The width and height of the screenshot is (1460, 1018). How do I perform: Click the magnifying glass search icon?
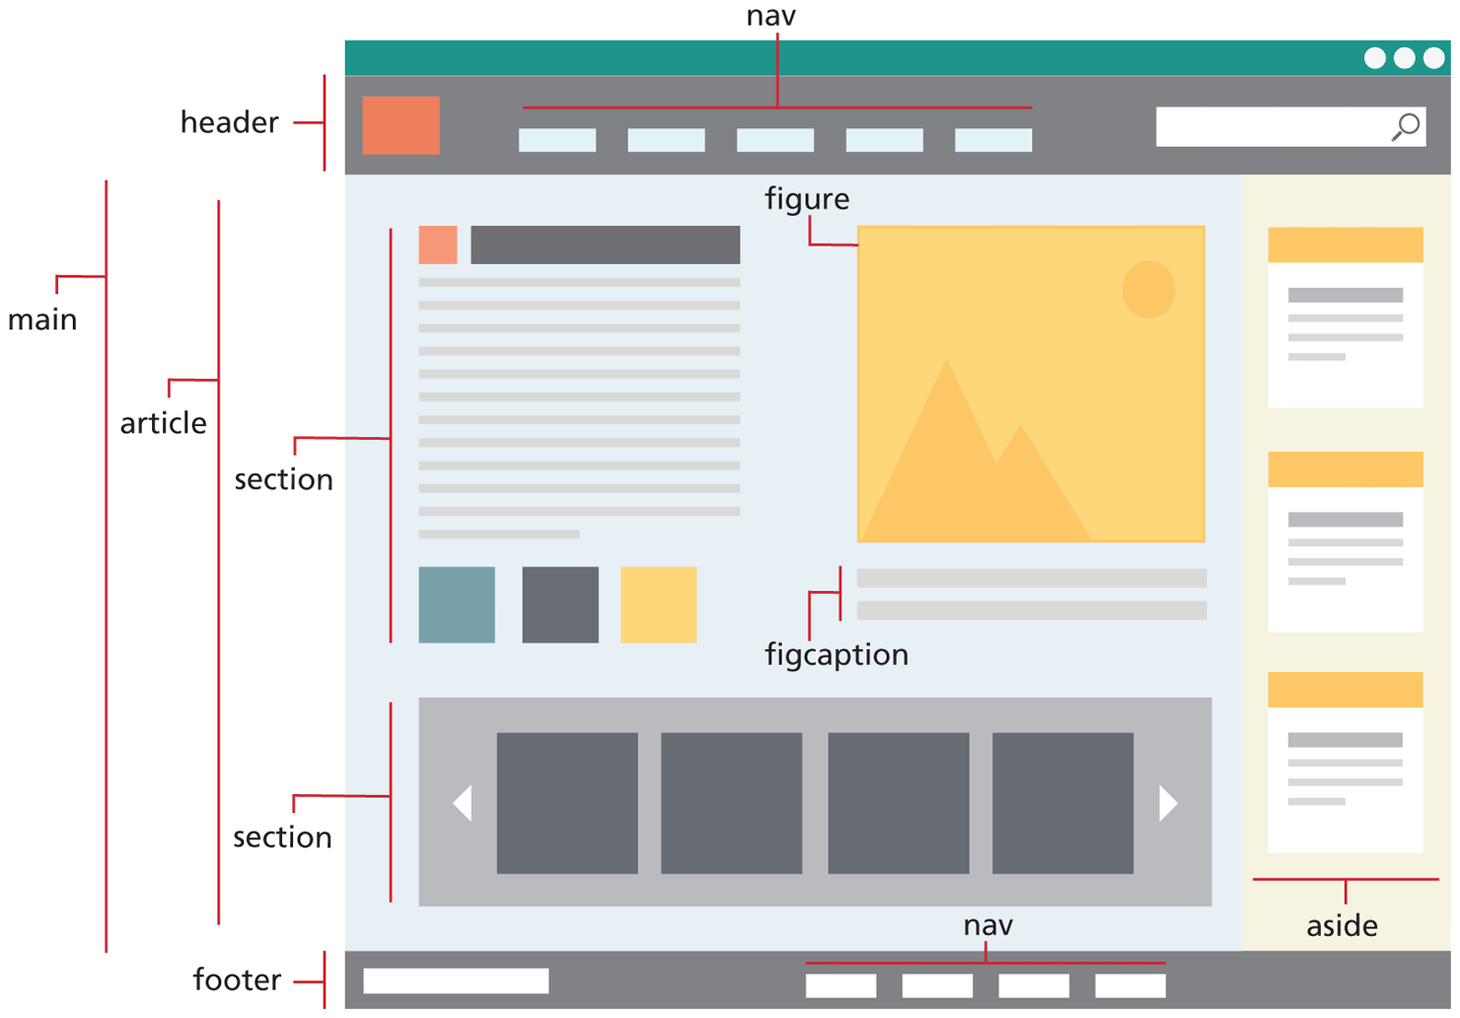tap(1406, 126)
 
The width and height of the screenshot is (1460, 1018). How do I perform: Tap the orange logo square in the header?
tap(401, 125)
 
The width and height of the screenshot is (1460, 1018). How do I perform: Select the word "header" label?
tap(229, 122)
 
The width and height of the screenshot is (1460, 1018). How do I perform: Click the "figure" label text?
tap(807, 199)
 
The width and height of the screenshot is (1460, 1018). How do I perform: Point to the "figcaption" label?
tap(837, 655)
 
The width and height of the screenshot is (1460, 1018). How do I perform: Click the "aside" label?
tap(1342, 926)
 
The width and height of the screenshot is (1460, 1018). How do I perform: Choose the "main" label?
tap(42, 320)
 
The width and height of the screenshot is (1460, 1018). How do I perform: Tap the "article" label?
tap(164, 423)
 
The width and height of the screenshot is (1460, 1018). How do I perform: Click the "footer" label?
tap(237, 980)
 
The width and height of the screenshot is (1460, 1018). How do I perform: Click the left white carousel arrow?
tap(463, 803)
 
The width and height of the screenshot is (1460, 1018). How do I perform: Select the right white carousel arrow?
tap(1168, 803)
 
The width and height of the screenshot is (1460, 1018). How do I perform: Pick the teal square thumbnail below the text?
tap(457, 605)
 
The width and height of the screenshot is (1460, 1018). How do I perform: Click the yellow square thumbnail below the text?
tap(658, 605)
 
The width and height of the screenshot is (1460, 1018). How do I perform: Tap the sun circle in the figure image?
tap(1148, 289)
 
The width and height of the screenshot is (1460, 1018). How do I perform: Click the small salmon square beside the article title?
tap(437, 245)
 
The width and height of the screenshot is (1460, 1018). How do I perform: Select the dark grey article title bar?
tap(605, 245)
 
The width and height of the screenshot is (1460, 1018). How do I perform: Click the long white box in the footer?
tap(456, 981)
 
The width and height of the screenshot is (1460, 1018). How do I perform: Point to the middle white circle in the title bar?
tap(1404, 58)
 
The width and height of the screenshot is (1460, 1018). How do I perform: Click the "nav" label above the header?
tap(770, 16)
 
